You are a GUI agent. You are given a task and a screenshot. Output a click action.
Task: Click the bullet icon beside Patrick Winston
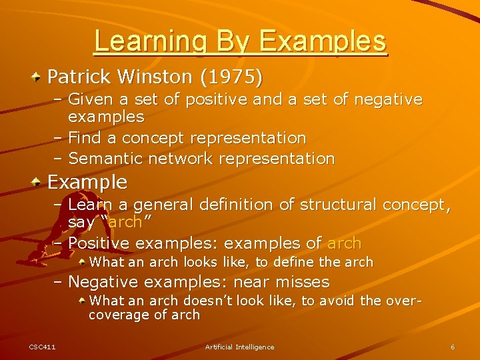pos(38,78)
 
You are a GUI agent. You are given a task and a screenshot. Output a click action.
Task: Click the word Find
pos(84,138)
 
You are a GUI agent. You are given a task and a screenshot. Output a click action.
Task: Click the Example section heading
pos(87,182)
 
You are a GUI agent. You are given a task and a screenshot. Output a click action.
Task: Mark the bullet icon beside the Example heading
pos(38,182)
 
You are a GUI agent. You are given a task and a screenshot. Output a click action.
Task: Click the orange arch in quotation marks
pos(125,222)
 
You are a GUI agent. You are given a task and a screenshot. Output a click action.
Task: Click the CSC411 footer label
pos(42,347)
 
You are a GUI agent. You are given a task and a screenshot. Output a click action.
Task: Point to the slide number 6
pos(453,347)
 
